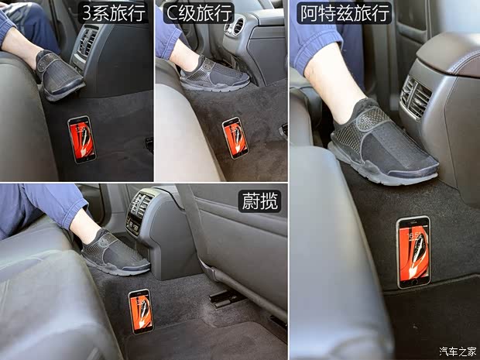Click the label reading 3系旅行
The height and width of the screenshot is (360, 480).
pyautogui.click(x=115, y=13)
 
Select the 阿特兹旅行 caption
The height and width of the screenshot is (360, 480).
pyautogui.click(x=345, y=13)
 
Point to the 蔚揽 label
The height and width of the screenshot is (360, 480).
pyautogui.click(x=259, y=201)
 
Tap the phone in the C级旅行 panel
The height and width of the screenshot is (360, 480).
pyautogui.click(x=235, y=137)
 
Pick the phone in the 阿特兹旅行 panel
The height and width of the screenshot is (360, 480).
pyautogui.click(x=413, y=252)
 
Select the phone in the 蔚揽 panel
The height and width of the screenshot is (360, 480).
pyautogui.click(x=140, y=310)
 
